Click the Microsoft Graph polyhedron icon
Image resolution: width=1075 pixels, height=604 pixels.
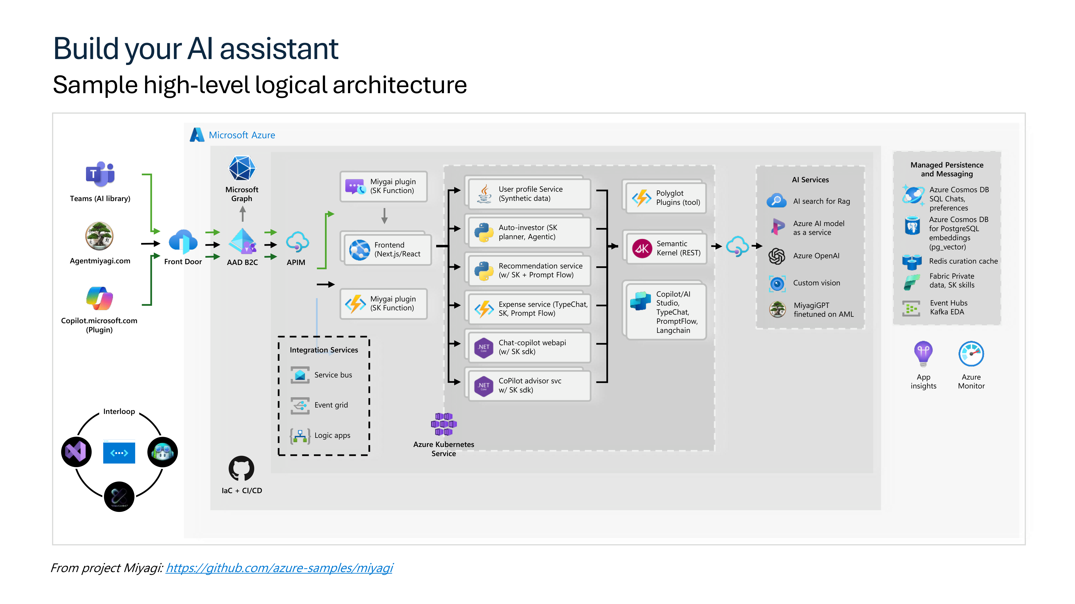(242, 168)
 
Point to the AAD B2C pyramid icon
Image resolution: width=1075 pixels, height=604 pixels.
(242, 241)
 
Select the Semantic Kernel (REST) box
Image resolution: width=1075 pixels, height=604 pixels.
(666, 248)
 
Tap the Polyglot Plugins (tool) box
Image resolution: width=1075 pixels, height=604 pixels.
(666, 198)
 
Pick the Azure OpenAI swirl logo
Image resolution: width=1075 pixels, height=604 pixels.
(777, 256)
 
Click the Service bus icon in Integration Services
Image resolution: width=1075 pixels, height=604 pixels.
(300, 375)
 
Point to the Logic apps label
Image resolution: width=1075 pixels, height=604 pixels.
(332, 435)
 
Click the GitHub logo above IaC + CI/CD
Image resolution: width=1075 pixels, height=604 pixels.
(242, 468)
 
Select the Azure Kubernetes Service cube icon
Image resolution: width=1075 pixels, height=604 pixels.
(444, 424)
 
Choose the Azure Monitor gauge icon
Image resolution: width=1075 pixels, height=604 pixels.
(971, 354)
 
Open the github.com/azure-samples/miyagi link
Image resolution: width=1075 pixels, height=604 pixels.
(279, 568)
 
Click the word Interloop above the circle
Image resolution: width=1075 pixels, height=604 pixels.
(119, 412)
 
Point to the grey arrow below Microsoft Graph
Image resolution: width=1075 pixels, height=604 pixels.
(242, 214)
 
